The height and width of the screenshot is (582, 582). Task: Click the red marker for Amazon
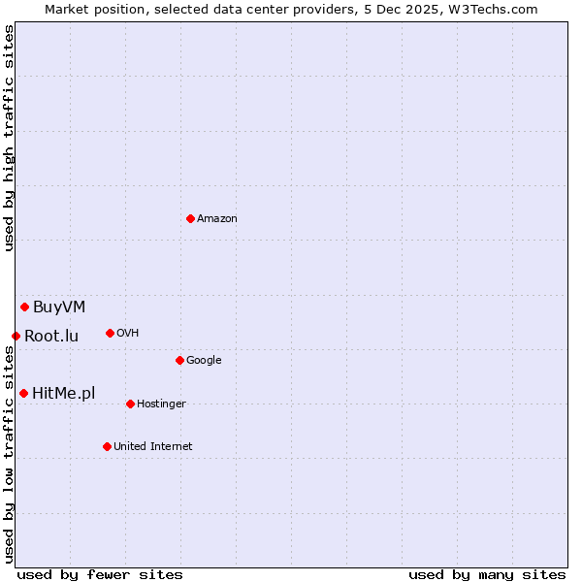[x=190, y=218]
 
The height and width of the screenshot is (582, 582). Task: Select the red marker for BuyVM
[x=24, y=307]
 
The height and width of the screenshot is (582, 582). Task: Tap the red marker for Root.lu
[x=16, y=336]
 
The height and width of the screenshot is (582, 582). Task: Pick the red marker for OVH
[x=110, y=333]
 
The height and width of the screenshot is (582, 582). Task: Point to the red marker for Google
[x=179, y=360]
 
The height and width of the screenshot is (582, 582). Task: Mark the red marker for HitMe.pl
[x=23, y=393]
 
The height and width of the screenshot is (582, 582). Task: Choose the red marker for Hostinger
[x=130, y=404]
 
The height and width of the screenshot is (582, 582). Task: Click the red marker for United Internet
[x=107, y=446]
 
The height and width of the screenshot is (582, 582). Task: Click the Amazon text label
[x=217, y=219]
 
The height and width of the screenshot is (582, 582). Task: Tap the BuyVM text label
[x=59, y=307]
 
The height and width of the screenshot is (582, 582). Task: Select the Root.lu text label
[x=51, y=337]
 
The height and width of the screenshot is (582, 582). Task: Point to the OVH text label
[x=128, y=334]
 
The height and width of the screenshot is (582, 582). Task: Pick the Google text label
[x=204, y=361]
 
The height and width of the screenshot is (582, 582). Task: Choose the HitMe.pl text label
[x=64, y=394]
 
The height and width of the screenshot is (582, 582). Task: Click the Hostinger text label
[x=161, y=404]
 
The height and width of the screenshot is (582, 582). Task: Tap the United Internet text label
[x=153, y=447]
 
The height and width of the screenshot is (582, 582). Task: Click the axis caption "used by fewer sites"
[x=100, y=574]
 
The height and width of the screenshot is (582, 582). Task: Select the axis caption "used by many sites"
[x=487, y=574]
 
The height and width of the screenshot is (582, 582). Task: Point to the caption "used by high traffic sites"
[x=10, y=139]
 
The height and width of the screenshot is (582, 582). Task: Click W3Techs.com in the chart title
[x=493, y=9]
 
